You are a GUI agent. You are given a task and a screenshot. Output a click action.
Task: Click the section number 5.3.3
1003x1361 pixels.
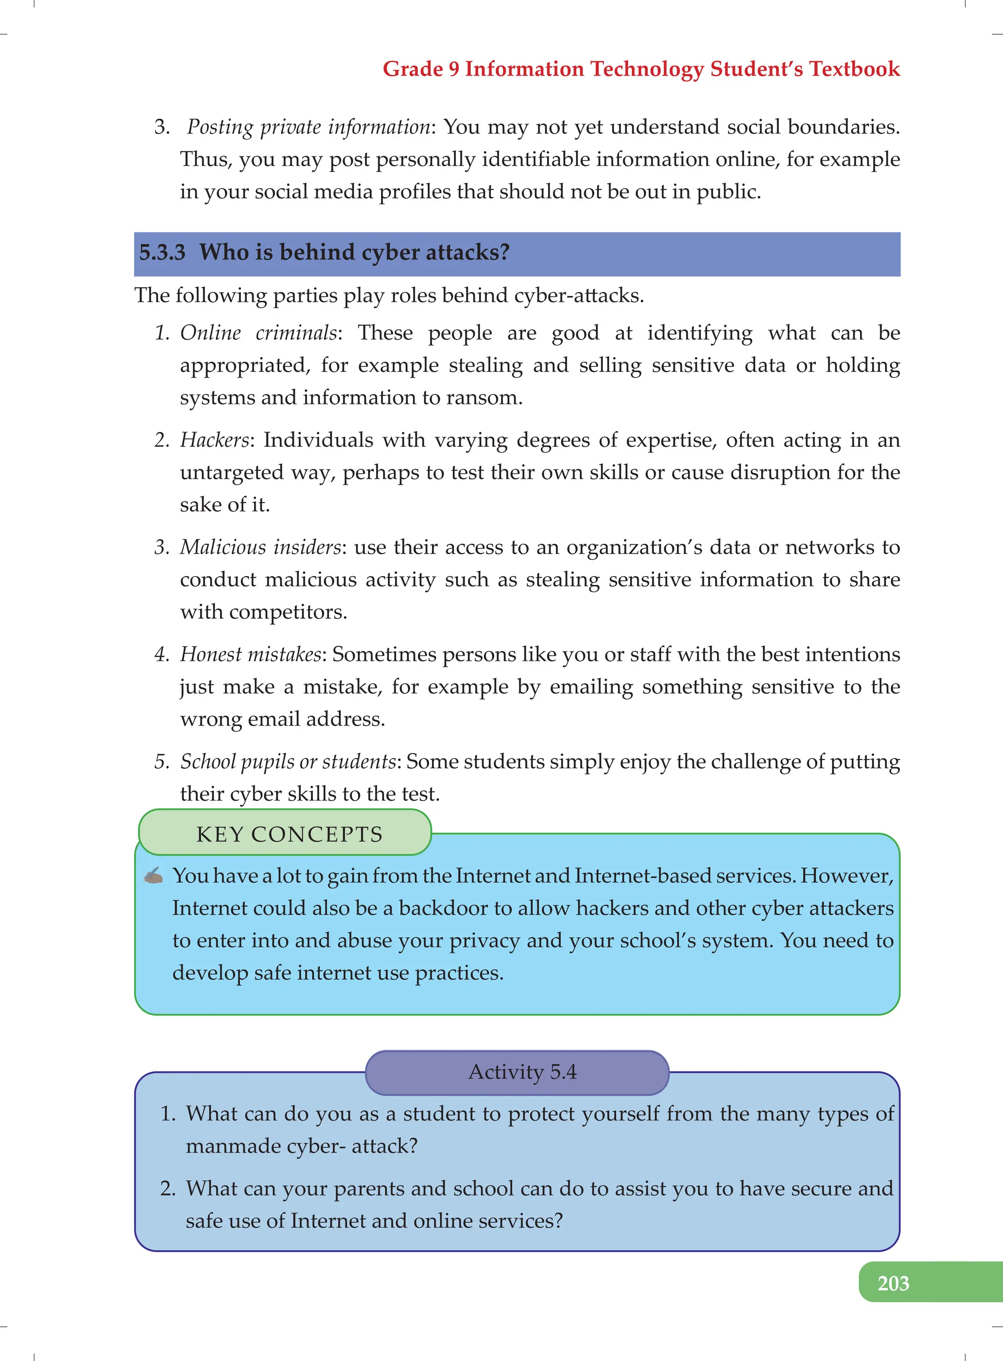click(x=162, y=252)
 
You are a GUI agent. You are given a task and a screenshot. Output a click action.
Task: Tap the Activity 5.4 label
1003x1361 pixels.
click(x=522, y=1071)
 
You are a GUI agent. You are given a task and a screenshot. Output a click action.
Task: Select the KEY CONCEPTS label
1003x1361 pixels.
click(x=289, y=834)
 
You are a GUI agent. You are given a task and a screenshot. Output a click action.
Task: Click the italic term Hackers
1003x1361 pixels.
click(x=215, y=439)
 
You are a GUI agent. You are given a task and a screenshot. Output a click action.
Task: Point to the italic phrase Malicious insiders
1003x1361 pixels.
click(x=261, y=547)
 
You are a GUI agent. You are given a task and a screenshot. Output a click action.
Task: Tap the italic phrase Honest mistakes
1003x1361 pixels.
click(x=250, y=654)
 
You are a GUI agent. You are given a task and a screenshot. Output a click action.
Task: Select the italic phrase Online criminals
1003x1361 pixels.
click(x=259, y=333)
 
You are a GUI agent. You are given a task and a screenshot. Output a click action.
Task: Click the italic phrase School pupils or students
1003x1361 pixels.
click(x=288, y=761)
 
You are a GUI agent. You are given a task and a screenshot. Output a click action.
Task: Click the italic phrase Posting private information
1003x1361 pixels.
click(x=309, y=127)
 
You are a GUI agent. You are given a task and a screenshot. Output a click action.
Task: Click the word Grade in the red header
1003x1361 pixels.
click(x=413, y=69)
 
